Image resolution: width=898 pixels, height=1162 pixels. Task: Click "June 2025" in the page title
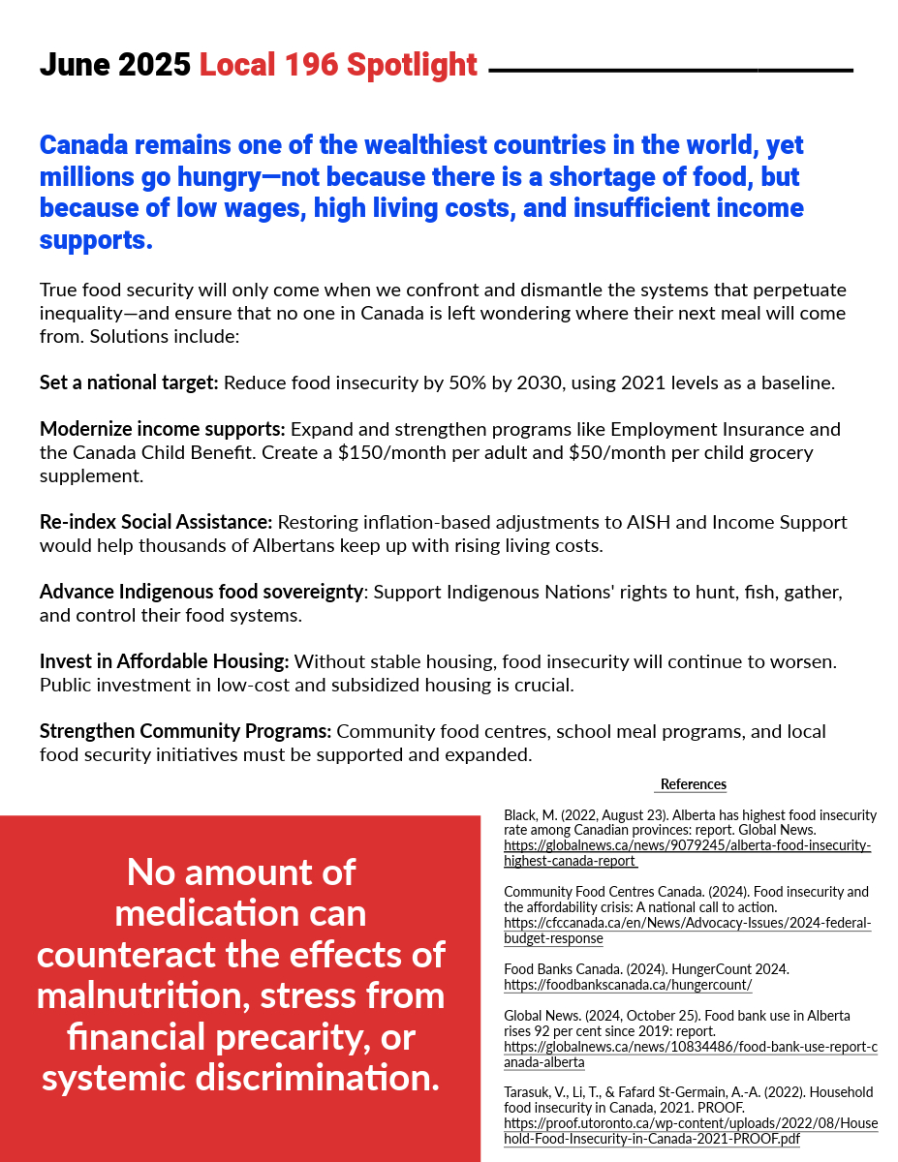pyautogui.click(x=114, y=65)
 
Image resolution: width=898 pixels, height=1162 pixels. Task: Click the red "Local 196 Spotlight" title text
pyautogui.click(x=338, y=65)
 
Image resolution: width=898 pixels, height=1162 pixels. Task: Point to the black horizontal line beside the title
pyautogui.click(x=670, y=71)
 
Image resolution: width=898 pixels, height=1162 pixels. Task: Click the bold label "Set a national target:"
pyautogui.click(x=129, y=382)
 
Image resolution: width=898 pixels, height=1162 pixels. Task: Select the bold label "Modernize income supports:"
pyautogui.click(x=162, y=429)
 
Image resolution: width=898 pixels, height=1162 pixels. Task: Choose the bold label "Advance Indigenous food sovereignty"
pyautogui.click(x=201, y=591)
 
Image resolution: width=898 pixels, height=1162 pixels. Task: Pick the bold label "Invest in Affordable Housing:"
pyautogui.click(x=164, y=662)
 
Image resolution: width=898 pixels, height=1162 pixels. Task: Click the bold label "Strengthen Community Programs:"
pyautogui.click(x=185, y=731)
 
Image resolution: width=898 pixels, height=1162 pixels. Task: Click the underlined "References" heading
pyautogui.click(x=693, y=784)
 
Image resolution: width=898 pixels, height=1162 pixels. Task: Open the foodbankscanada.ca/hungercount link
pyautogui.click(x=627, y=985)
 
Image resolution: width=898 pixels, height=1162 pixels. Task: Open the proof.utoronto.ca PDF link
pyautogui.click(x=690, y=1131)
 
